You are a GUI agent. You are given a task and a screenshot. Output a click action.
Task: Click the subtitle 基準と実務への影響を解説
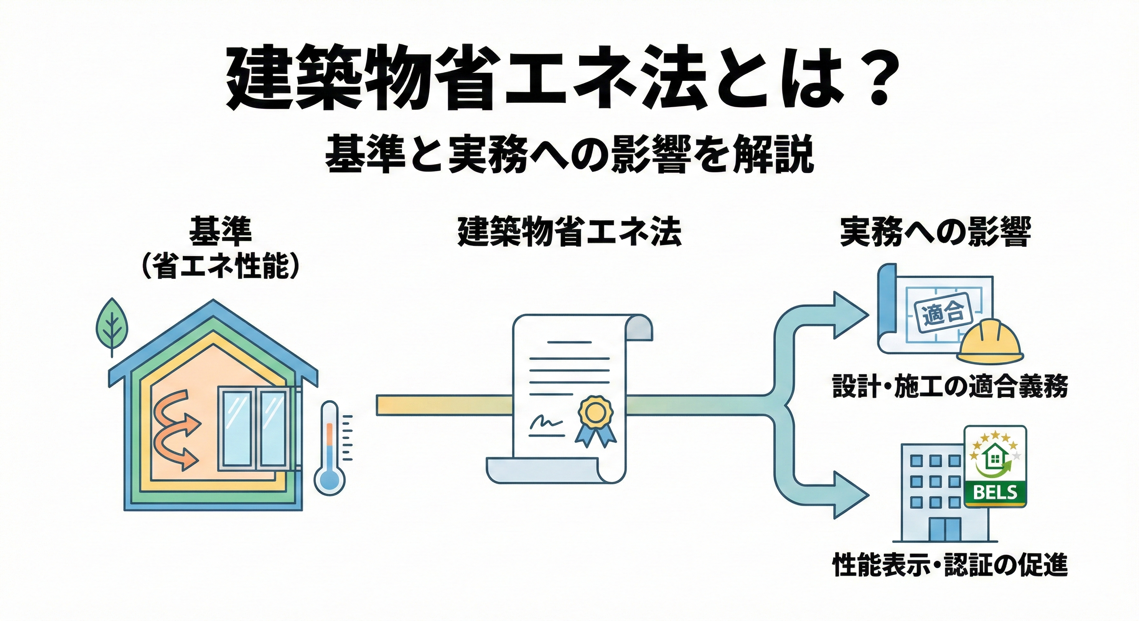(x=569, y=155)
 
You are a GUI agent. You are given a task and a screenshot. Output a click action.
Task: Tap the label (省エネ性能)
(x=220, y=266)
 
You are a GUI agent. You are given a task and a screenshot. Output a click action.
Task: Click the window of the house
(x=253, y=427)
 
